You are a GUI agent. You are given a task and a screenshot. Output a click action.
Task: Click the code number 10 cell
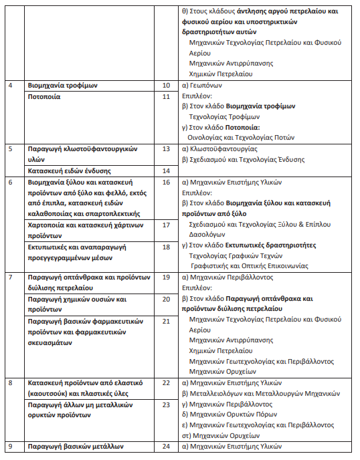(x=167, y=86)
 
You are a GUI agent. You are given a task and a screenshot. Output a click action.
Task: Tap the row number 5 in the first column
(x=10, y=148)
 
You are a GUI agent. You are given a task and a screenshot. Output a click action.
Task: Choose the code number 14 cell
(x=167, y=170)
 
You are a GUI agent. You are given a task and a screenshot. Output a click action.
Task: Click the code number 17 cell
(x=167, y=225)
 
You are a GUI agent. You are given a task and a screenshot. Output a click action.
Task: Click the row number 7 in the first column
(x=10, y=276)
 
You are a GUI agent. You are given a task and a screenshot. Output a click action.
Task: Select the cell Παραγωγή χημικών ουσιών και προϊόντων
(x=76, y=304)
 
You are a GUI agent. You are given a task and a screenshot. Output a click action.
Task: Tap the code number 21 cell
(x=167, y=322)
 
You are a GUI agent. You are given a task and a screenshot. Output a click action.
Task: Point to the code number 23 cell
(x=167, y=405)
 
